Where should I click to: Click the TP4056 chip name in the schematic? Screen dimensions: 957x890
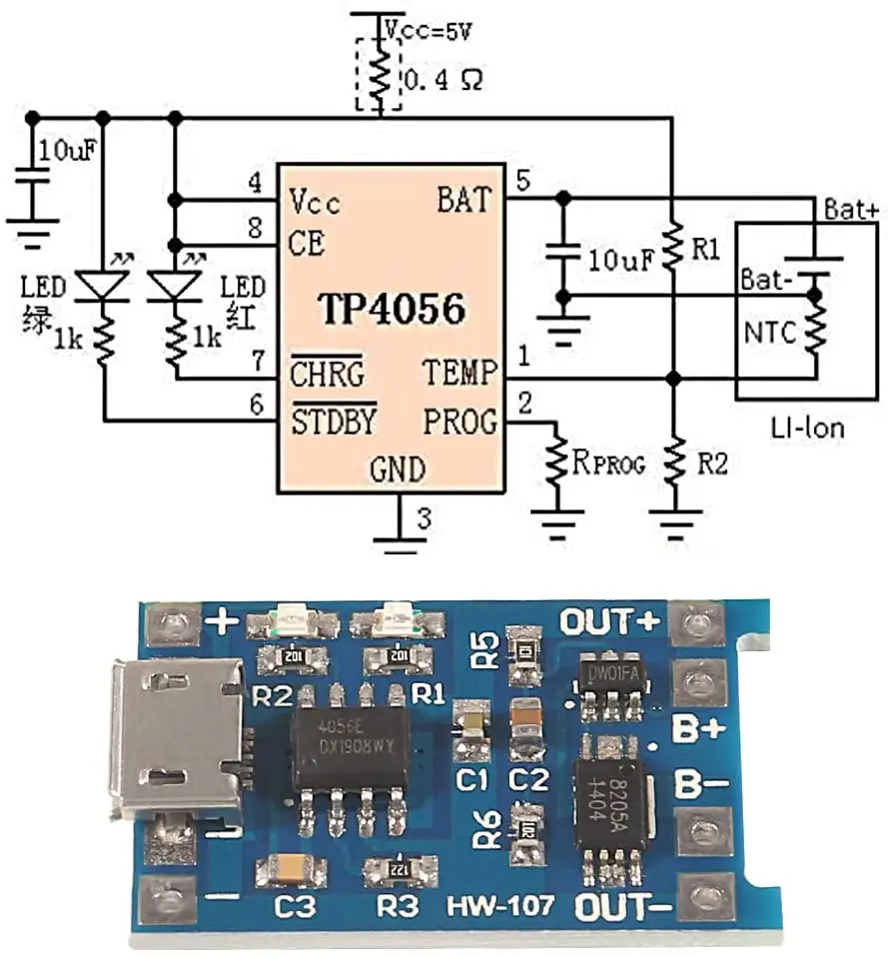(x=392, y=311)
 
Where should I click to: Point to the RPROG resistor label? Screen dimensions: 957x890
(x=608, y=464)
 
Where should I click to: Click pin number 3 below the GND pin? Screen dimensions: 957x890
(x=424, y=518)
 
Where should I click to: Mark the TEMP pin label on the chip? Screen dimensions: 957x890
(x=458, y=375)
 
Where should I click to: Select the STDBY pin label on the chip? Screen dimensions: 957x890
(x=334, y=423)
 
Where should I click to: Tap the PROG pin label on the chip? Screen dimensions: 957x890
(x=459, y=423)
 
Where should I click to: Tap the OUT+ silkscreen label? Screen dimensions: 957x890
(x=609, y=621)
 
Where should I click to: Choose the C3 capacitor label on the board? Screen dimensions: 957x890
(x=291, y=908)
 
